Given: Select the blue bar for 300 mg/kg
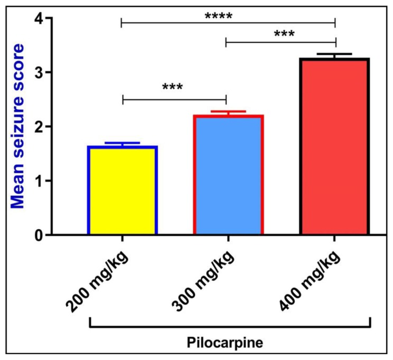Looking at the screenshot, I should click(x=228, y=175).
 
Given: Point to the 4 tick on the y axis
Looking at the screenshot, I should click(x=38, y=18).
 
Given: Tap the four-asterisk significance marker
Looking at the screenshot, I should click(x=219, y=15).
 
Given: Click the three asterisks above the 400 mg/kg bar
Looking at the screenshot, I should click(x=284, y=34).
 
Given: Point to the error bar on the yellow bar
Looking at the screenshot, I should click(x=123, y=144).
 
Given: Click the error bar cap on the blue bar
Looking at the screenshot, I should click(x=228, y=112).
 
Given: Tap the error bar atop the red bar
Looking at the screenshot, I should click(x=335, y=54).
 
